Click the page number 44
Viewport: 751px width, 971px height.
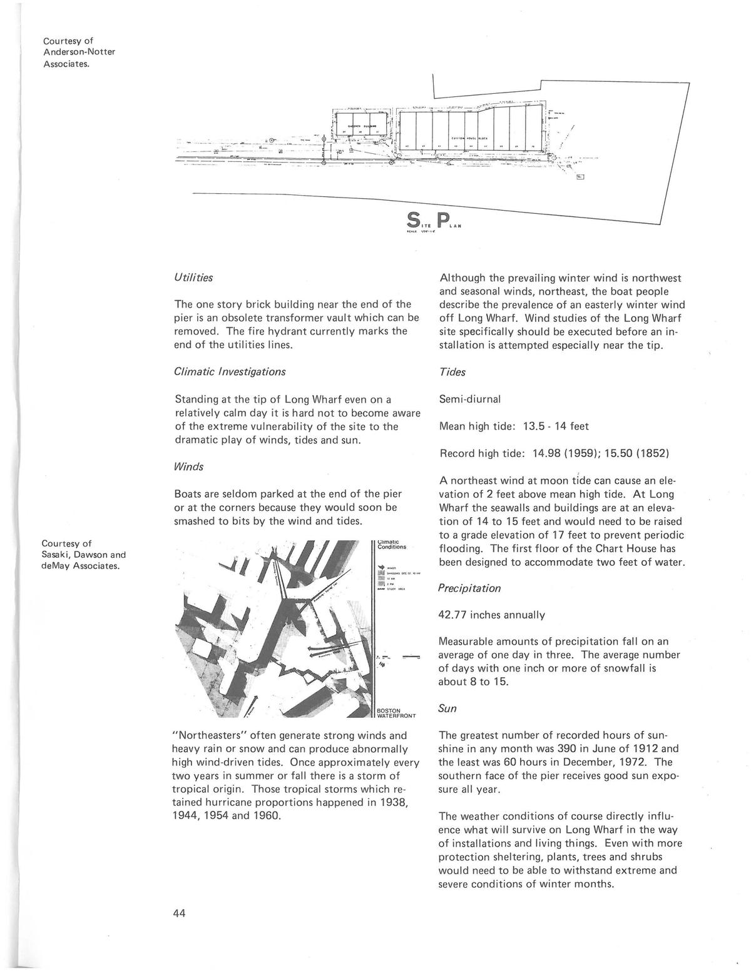click(179, 913)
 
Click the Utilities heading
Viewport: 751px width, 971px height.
click(193, 278)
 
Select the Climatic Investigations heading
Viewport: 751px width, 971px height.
click(229, 371)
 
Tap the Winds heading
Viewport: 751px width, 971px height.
click(188, 466)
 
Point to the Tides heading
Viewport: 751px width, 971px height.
click(452, 372)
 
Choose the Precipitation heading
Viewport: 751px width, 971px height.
click(470, 588)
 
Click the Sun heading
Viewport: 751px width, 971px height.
click(447, 708)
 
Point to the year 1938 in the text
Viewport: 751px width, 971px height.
click(396, 803)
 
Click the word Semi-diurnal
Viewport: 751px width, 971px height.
click(470, 398)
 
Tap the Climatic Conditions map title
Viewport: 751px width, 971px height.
click(392, 544)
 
